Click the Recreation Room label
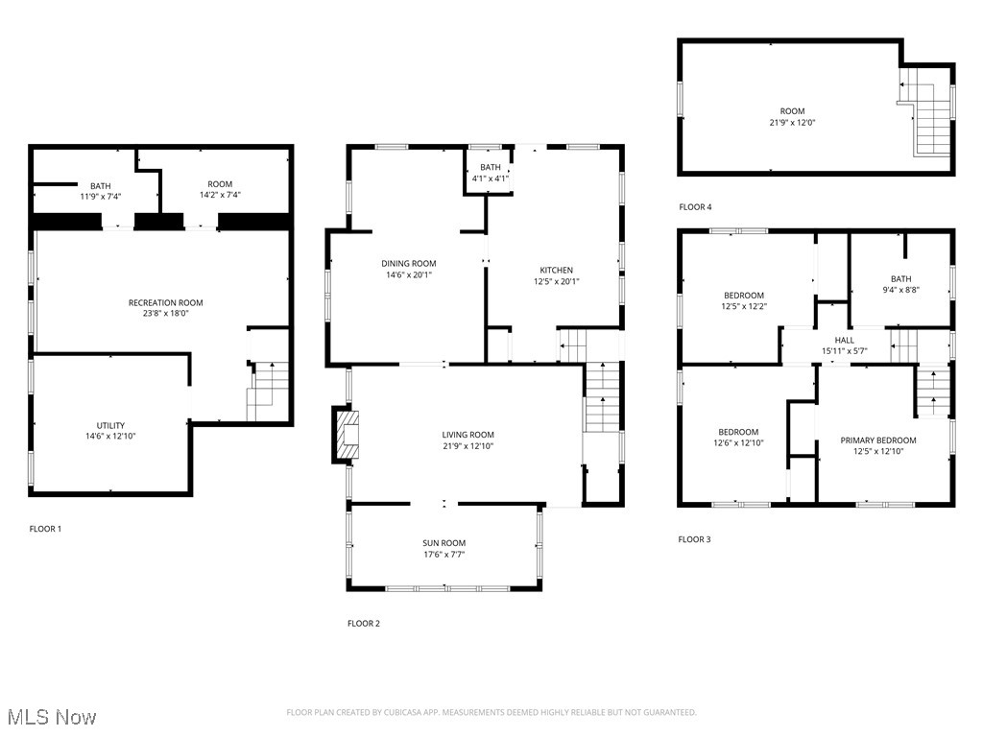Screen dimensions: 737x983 166,303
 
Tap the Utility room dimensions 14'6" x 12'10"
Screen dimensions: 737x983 110,436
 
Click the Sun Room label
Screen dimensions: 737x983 444,543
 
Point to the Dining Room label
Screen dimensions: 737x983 409,264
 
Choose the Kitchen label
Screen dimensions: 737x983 556,271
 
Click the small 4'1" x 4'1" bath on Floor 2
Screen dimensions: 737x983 490,173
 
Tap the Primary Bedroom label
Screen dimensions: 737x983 878,440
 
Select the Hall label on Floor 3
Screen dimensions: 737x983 844,340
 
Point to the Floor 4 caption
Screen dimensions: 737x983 695,207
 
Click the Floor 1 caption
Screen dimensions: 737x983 45,529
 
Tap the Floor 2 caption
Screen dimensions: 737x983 364,624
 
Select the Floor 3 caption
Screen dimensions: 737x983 694,539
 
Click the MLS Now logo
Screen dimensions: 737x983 50,717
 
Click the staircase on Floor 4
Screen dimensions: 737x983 929,120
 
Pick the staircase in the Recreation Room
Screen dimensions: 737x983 269,392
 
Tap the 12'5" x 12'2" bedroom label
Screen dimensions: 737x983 744,300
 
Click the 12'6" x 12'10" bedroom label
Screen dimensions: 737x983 736,438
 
